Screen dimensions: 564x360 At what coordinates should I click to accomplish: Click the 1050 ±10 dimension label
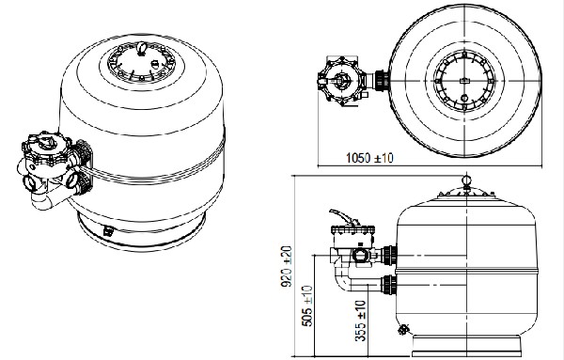pyautogui.click(x=369, y=158)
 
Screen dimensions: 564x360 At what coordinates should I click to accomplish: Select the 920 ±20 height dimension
pyautogui.click(x=287, y=266)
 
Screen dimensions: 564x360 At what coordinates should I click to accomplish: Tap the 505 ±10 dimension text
pyautogui.click(x=306, y=305)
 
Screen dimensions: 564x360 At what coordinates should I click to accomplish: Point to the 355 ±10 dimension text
pyautogui.click(x=360, y=321)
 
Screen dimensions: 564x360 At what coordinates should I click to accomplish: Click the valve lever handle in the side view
pyautogui.click(x=343, y=217)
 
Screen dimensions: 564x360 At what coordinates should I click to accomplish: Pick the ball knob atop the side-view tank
pyautogui.click(x=466, y=180)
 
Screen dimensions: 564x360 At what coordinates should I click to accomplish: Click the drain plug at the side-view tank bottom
pyautogui.click(x=403, y=329)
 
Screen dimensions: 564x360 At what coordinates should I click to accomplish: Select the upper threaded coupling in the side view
pyautogui.click(x=389, y=256)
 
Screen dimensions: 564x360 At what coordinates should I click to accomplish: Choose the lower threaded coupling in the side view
pyautogui.click(x=389, y=285)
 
